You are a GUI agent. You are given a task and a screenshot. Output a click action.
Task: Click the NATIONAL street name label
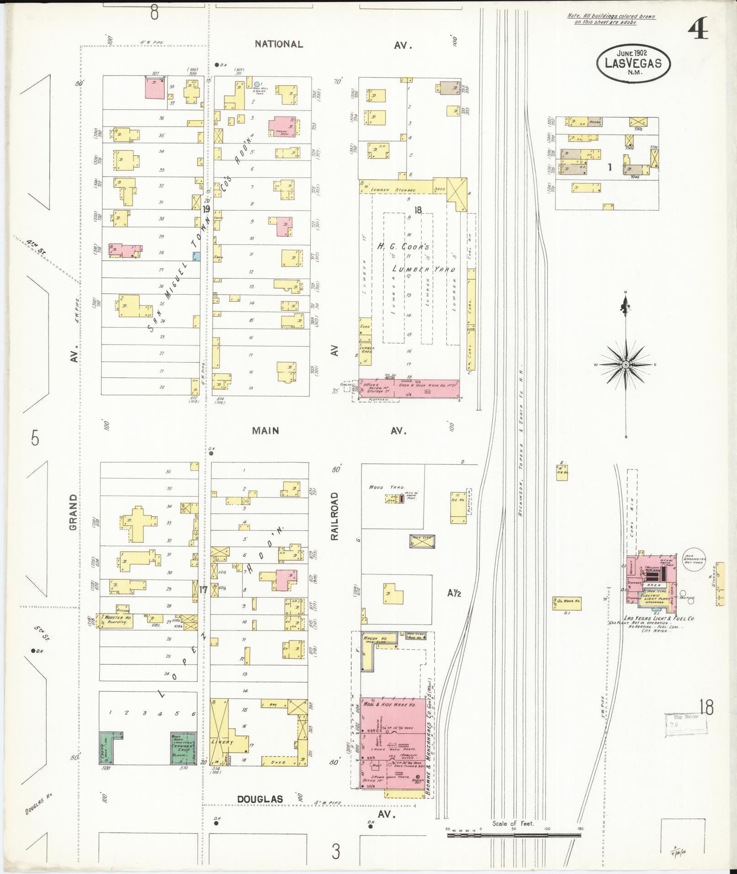point(279,44)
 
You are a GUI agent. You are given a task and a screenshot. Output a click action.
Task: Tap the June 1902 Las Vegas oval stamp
point(633,63)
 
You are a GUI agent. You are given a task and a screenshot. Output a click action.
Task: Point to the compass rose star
point(626,364)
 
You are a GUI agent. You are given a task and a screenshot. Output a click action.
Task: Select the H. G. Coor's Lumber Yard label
point(416,258)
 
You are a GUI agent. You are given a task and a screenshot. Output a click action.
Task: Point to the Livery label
point(223,742)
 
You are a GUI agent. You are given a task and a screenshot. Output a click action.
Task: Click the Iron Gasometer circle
point(694,559)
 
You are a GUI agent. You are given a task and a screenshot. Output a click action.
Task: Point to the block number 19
point(206,209)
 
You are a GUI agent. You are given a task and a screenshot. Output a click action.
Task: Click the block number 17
point(203,590)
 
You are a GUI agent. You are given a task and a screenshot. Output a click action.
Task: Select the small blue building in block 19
point(196,256)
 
